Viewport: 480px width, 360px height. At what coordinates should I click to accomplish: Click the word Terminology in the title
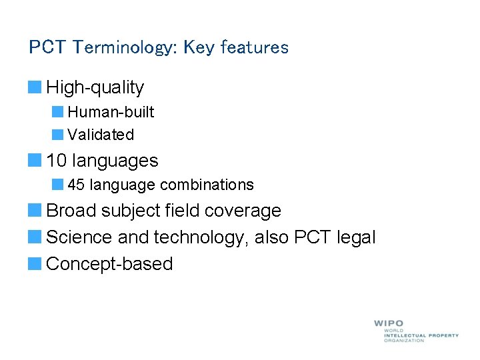coord(125,48)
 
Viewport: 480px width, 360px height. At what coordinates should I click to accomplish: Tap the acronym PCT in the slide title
coord(48,48)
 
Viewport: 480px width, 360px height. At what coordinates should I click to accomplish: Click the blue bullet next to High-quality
coord(34,87)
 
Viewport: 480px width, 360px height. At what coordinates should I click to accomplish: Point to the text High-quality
coord(95,87)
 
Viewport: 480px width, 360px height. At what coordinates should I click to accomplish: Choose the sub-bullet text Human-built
coord(111,112)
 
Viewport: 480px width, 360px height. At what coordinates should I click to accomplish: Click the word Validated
coord(101,135)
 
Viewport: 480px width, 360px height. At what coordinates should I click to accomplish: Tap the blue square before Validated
coord(57,135)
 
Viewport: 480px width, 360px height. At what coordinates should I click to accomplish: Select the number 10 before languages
coord(57,161)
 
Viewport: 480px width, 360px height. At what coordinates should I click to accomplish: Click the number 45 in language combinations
coord(76,185)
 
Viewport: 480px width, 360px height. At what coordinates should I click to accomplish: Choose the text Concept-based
coord(109,264)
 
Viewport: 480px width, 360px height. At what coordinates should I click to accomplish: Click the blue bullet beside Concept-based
coord(34,263)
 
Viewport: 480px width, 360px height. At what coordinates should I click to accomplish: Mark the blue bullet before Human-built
coord(57,112)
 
